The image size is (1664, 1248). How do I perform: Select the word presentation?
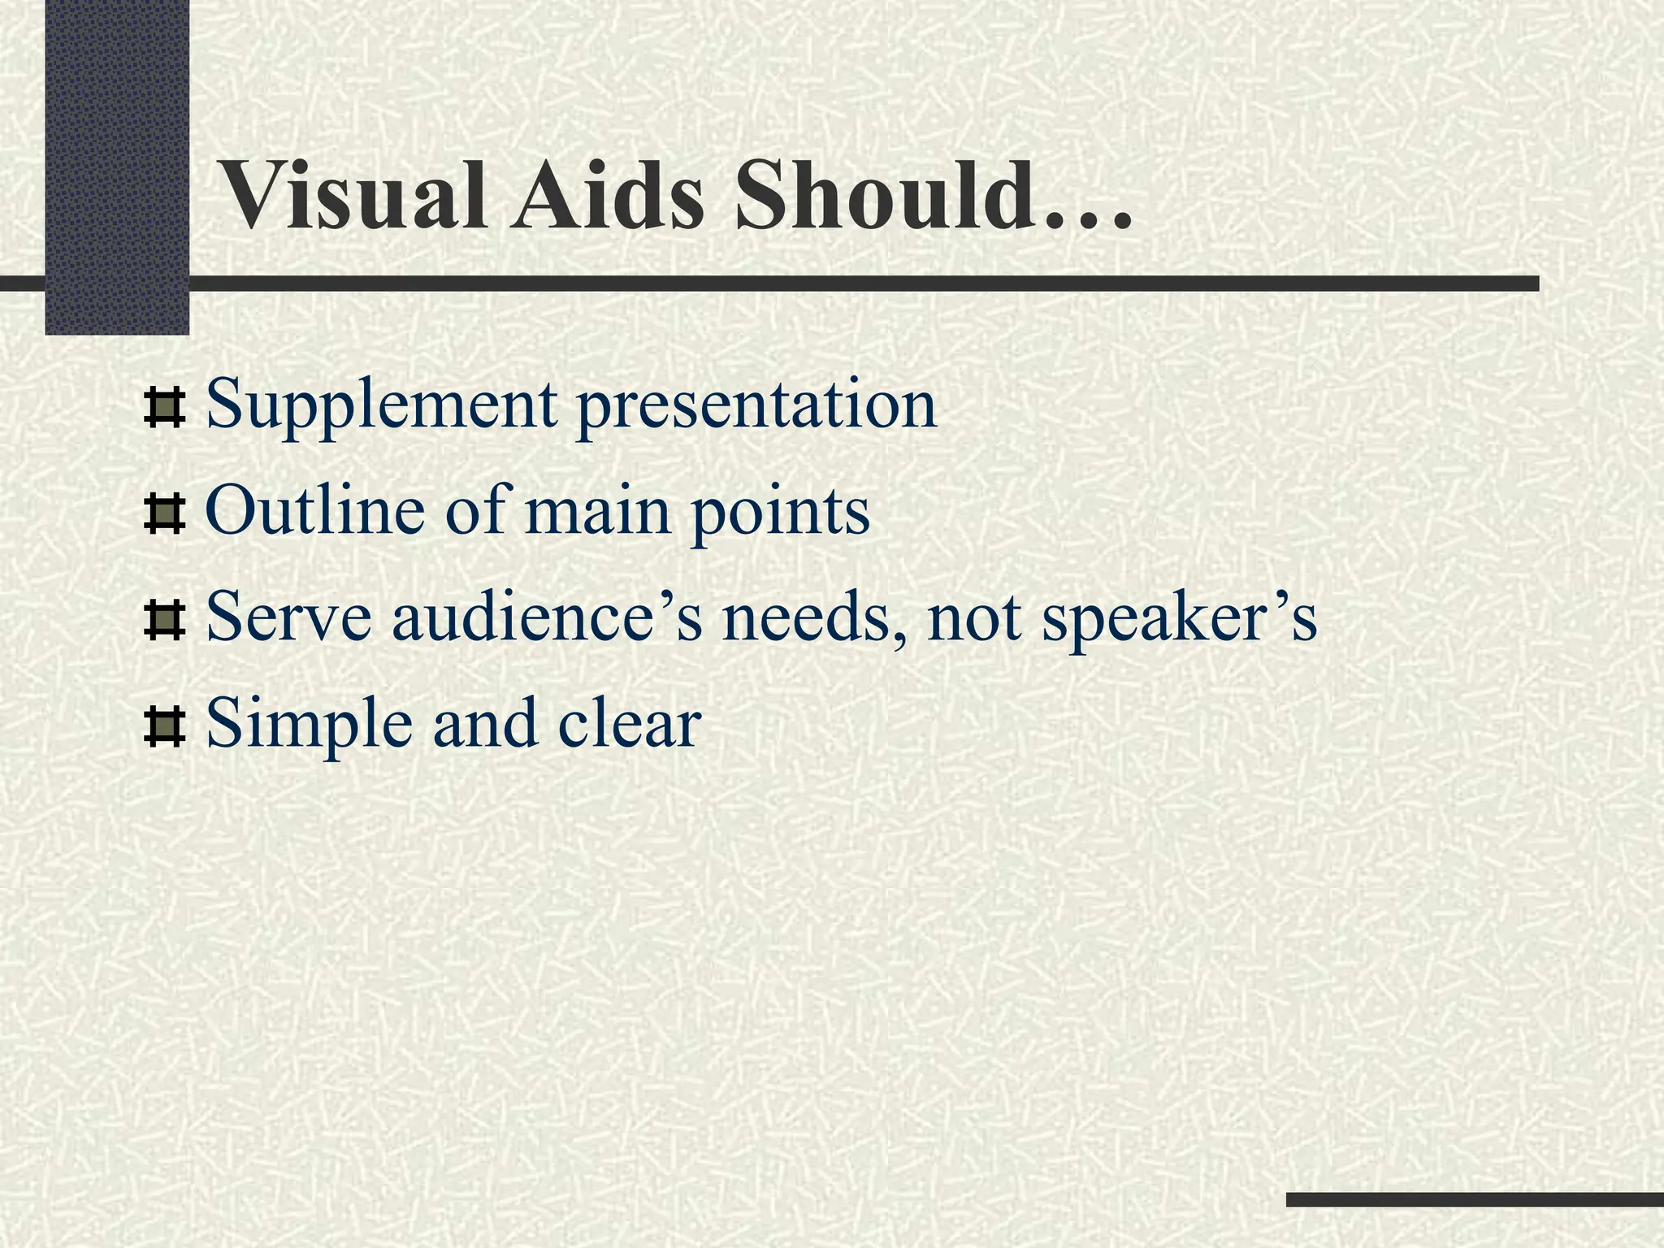756,406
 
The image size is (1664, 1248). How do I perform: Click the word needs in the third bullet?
813,617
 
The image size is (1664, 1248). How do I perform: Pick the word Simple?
310,724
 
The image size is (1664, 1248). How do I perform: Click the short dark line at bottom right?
1475,1199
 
